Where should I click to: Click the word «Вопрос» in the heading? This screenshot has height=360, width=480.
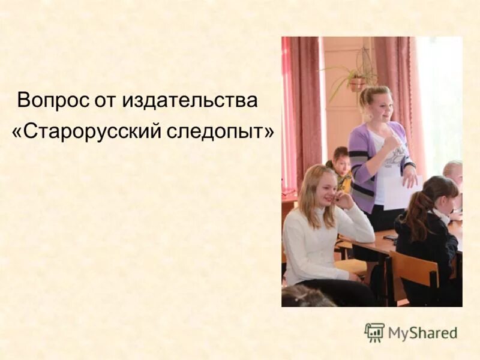click(x=52, y=100)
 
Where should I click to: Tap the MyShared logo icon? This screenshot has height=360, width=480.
click(x=374, y=332)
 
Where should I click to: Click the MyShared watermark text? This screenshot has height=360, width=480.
click(x=422, y=333)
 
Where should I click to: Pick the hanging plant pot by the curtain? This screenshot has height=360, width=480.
click(x=358, y=83)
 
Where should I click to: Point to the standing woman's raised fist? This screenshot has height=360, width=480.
click(x=391, y=144)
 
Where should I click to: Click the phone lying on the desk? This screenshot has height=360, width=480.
click(x=391, y=238)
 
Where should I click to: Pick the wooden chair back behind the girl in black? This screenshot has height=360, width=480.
click(x=414, y=269)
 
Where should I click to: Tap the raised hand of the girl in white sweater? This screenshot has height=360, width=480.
click(x=343, y=200)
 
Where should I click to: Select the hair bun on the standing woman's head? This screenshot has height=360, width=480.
click(x=366, y=92)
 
